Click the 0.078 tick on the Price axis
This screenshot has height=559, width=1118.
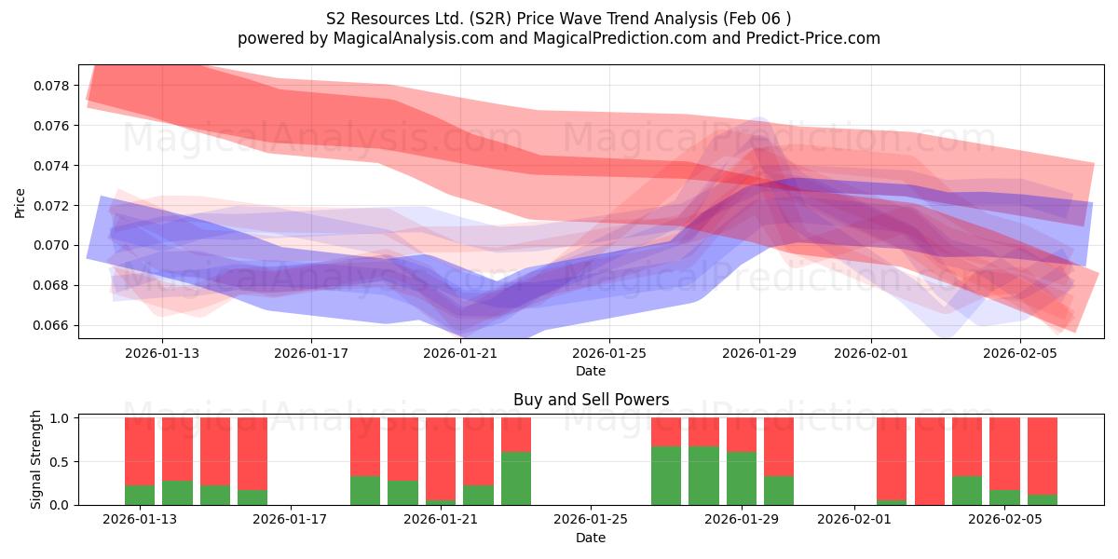click(x=51, y=86)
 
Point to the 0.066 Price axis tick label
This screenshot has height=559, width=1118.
click(x=51, y=325)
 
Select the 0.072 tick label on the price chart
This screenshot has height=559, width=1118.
click(x=51, y=206)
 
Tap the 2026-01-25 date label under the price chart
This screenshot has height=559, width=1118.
click(x=609, y=353)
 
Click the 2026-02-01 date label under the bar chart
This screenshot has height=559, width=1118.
click(x=854, y=519)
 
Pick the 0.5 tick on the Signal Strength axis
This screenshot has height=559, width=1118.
click(x=61, y=462)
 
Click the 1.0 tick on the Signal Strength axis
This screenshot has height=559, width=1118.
click(x=61, y=417)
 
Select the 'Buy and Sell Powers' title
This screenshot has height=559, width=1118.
click(x=591, y=400)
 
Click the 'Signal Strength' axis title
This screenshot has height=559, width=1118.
click(x=35, y=459)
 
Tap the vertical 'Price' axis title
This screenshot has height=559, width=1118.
click(x=20, y=203)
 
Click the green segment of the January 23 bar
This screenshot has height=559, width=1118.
click(x=516, y=478)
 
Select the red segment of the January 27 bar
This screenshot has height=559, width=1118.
click(x=666, y=431)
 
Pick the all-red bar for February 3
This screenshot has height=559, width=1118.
click(x=930, y=461)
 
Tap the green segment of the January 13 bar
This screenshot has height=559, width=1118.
click(x=140, y=495)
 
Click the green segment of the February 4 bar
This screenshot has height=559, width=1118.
click(x=967, y=491)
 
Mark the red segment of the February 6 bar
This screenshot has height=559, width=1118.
click(x=1043, y=457)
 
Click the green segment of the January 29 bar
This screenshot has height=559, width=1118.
click(x=742, y=478)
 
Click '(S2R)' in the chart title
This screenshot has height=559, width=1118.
click(x=490, y=19)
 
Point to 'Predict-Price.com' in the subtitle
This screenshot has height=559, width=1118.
click(x=813, y=38)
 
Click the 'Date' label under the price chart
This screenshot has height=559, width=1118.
click(x=591, y=371)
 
